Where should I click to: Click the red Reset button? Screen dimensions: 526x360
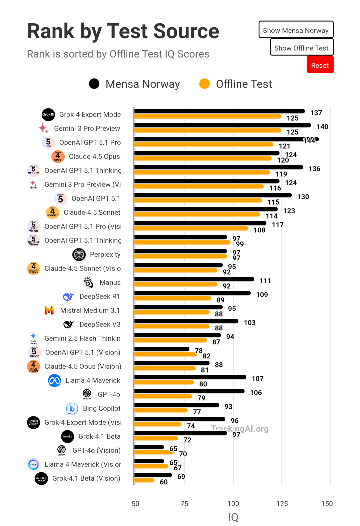(320, 65)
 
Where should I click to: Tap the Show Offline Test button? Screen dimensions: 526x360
(301, 48)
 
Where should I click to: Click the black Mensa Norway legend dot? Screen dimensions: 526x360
(94, 84)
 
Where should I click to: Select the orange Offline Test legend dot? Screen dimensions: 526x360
(204, 84)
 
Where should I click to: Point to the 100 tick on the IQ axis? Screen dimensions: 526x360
(233, 503)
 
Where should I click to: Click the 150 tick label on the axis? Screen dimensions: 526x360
(327, 503)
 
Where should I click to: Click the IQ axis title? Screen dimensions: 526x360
(233, 517)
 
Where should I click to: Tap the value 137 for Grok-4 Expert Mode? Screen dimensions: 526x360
(316, 113)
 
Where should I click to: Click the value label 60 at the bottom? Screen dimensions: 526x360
(164, 482)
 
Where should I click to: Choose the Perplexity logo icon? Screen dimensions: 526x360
(79, 254)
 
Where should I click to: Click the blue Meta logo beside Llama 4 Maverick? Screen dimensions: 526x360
(54, 380)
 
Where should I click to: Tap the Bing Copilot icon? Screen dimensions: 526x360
(72, 408)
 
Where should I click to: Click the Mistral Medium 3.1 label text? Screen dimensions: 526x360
(90, 310)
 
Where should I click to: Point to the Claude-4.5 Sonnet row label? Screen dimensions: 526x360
(92, 212)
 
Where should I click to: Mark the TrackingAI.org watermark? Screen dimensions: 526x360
(239, 428)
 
